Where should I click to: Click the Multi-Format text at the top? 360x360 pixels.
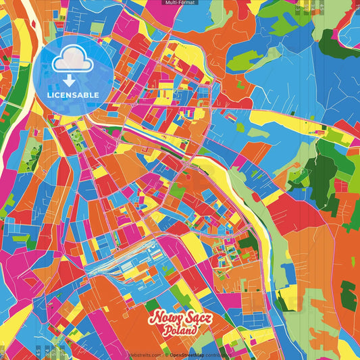pos(180,3)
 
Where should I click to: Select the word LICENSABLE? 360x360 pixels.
pos(73,95)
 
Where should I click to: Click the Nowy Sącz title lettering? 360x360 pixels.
pos(180,317)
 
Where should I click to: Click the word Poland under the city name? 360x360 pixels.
pos(180,330)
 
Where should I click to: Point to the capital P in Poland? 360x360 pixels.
pos(166,330)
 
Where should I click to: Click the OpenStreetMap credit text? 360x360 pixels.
pos(188,354)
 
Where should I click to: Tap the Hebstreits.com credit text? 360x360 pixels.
pos(145,354)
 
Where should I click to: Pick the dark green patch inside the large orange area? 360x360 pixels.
pos(348,296)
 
